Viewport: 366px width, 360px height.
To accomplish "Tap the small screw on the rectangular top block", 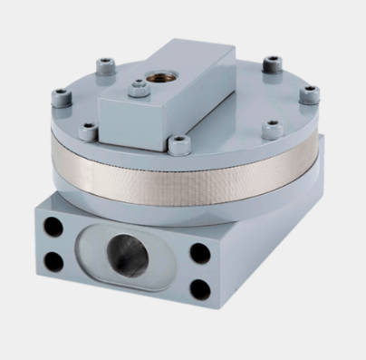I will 138,89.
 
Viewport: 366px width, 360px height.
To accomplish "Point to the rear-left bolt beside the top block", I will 108,64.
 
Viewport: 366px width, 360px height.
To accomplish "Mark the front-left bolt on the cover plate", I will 87,131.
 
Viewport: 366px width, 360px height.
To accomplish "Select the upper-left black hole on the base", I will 53,228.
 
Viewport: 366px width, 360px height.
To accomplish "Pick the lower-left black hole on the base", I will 54,261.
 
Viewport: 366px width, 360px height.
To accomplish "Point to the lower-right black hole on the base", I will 200,290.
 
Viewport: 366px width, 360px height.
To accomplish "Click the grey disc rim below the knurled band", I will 181,203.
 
